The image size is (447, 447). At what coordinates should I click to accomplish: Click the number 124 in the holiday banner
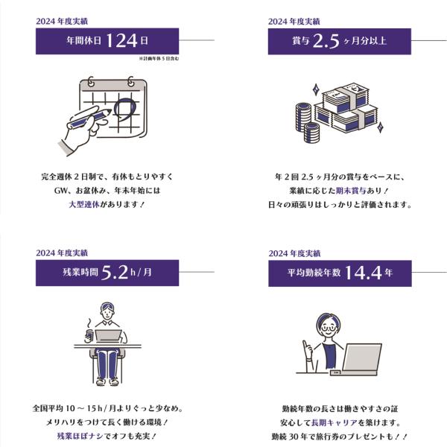pos(121,41)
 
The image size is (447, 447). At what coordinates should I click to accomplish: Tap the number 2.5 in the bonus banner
pos(326,41)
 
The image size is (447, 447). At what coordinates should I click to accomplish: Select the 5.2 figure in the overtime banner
pos(115,273)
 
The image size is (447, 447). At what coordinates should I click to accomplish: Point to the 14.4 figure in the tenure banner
pos(364,273)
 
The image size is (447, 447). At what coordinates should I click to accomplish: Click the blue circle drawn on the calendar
pos(125,108)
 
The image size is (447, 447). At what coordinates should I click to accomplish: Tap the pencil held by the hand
pos(89,119)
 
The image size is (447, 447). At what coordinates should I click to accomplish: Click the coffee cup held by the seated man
pos(89,335)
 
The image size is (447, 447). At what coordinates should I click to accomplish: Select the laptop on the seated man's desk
pos(110,336)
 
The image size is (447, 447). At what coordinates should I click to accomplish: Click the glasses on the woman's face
pos(329,328)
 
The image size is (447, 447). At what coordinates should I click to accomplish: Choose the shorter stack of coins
pos(311,133)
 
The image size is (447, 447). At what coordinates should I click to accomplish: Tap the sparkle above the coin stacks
pos(316,89)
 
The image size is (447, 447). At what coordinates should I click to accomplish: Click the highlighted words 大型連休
pos(84,204)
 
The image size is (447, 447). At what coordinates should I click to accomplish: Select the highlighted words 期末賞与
pos(351,191)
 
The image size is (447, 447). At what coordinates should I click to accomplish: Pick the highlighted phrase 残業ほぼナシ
pos(80,436)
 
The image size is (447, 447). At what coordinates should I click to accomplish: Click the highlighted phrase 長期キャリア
pos(335,422)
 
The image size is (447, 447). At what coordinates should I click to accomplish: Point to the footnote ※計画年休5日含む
pos(159,58)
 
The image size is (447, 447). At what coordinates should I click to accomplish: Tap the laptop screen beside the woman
pos(362,357)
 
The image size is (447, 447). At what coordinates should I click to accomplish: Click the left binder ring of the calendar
pos(91,81)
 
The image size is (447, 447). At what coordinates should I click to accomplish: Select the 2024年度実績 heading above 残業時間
pos(62,253)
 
